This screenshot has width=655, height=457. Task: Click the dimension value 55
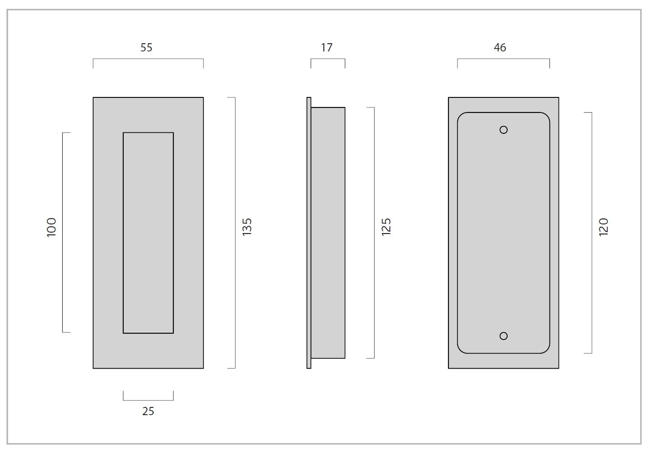click(146, 47)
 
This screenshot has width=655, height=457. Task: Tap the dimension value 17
click(327, 47)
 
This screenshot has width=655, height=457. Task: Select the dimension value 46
click(500, 47)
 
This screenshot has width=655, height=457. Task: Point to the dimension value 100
click(51, 227)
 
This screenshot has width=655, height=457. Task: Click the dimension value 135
click(247, 227)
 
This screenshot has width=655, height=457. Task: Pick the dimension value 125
click(386, 227)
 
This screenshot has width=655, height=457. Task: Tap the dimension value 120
click(604, 227)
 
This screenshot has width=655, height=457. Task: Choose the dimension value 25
click(148, 411)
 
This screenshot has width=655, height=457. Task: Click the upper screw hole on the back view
click(504, 130)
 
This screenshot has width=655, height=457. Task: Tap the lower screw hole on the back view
click(504, 336)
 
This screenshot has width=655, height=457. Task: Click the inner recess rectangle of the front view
click(148, 233)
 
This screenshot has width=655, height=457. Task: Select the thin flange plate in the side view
click(309, 233)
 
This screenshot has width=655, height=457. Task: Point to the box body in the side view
click(328, 233)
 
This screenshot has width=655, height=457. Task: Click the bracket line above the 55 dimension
click(148, 59)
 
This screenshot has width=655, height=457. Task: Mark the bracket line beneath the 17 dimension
click(328, 59)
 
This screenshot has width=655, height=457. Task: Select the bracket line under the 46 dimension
click(504, 59)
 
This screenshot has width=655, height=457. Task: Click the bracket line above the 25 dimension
click(148, 400)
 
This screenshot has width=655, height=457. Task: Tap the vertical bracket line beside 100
click(63, 233)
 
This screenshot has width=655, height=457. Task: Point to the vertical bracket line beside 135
click(235, 233)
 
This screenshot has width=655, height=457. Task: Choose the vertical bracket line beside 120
click(592, 233)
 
